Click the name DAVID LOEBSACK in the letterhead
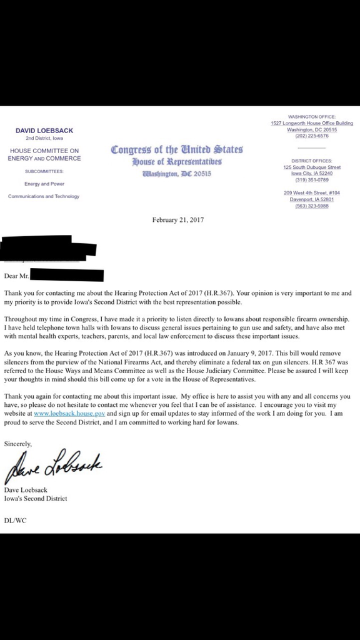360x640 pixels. tap(44, 130)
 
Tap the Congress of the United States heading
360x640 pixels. tap(176, 150)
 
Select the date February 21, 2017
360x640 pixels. tap(178, 219)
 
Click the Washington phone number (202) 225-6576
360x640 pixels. tap(311, 136)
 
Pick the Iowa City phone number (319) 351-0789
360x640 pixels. tap(311, 179)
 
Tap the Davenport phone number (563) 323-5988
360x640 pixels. tap(311, 206)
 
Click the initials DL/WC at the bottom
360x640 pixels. tap(14, 520)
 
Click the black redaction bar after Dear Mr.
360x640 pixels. tap(66, 274)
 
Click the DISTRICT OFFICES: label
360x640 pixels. tap(311, 161)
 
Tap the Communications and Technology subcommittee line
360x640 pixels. tap(44, 196)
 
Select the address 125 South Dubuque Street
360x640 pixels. tap(311, 167)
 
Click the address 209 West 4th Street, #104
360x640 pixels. tap(311, 192)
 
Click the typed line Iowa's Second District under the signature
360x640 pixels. tap(36, 499)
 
